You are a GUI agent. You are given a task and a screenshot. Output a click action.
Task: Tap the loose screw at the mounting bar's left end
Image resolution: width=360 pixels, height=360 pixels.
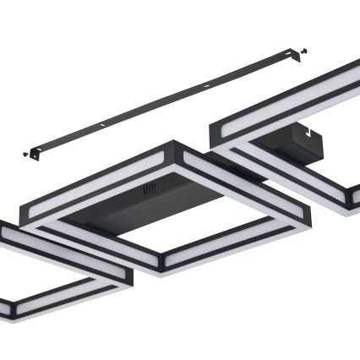click(x=25, y=154)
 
